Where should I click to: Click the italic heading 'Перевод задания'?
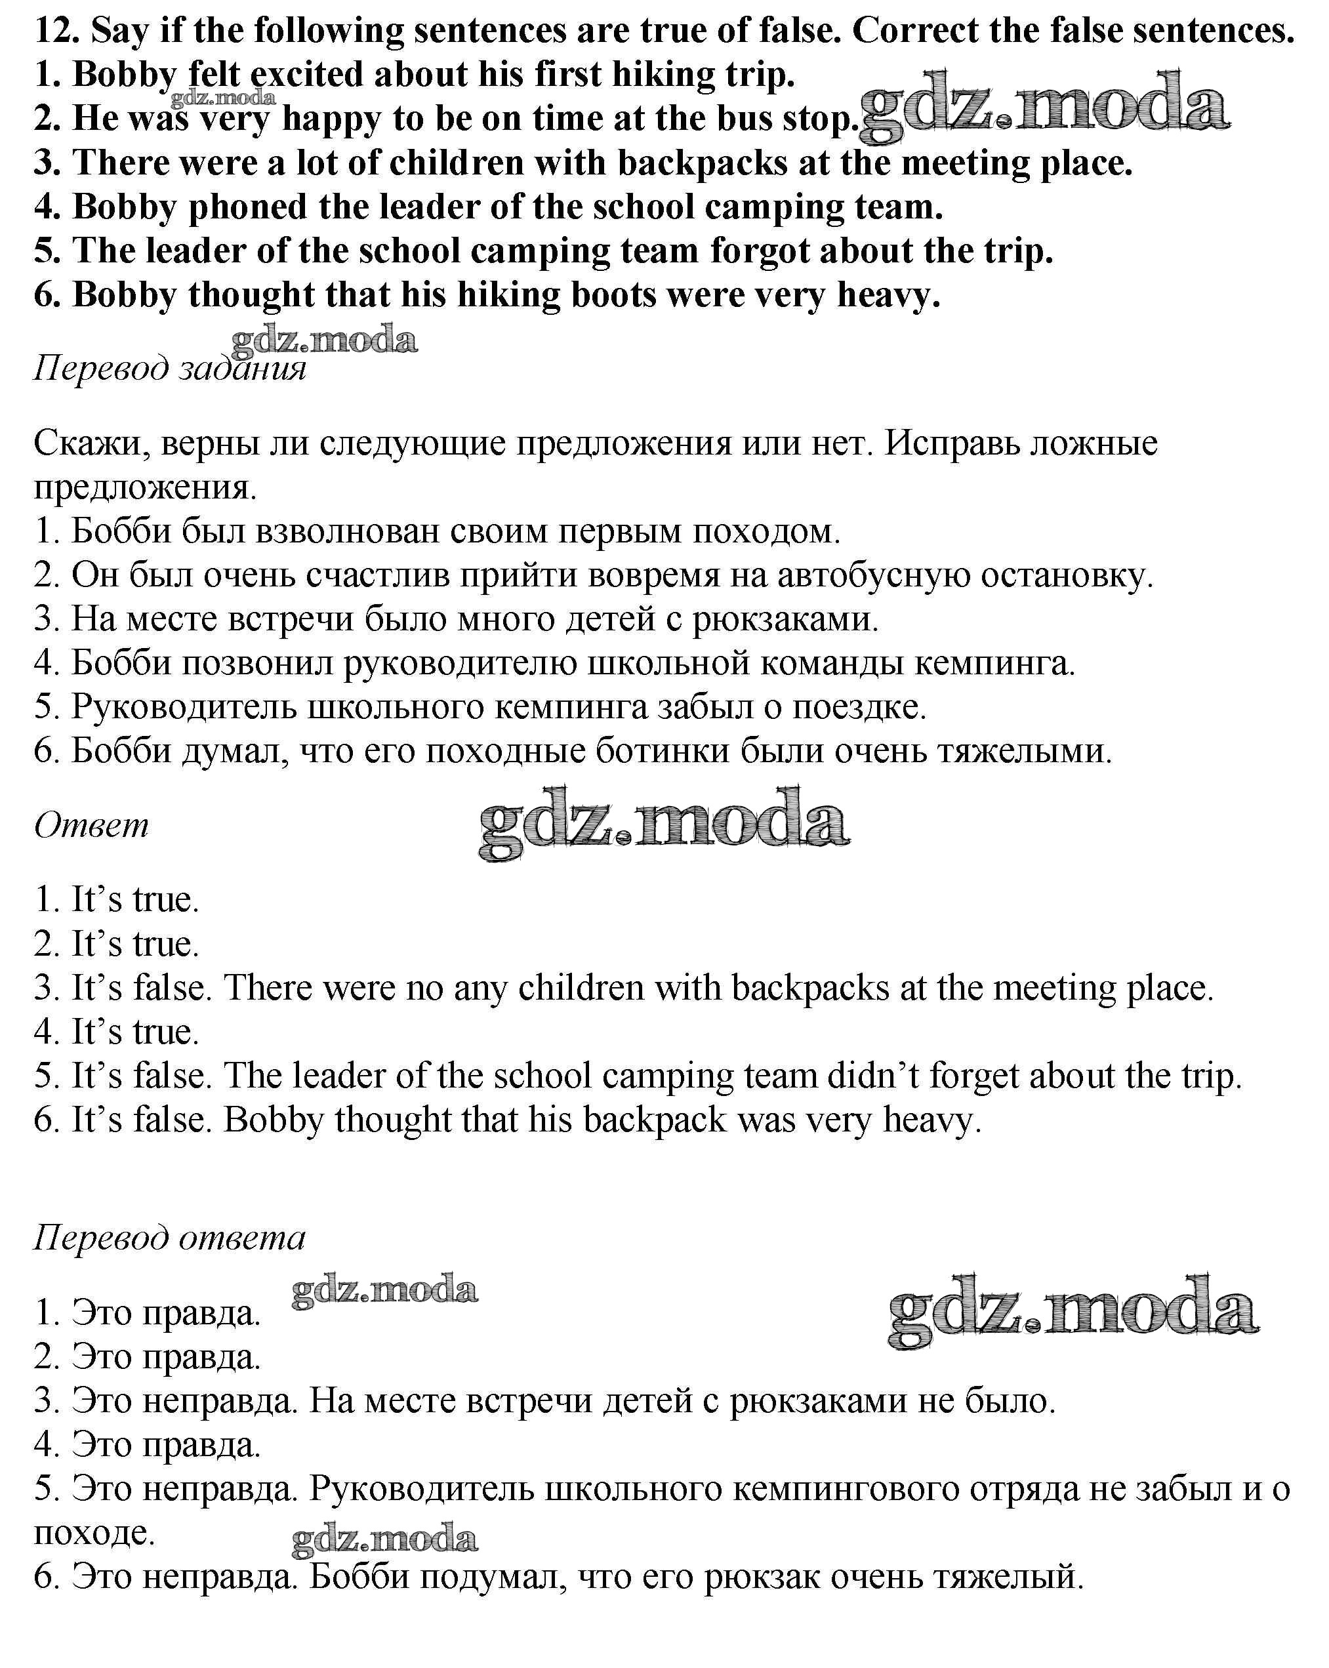[169, 368]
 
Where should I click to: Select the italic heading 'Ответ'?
[91, 826]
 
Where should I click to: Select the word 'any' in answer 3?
[480, 988]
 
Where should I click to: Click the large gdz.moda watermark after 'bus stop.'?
[1044, 108]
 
